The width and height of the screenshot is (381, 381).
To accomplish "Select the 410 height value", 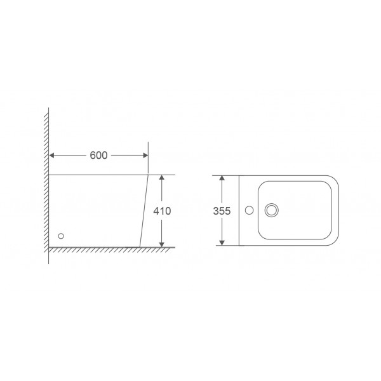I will (162, 211).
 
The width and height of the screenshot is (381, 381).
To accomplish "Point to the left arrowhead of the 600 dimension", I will (52, 156).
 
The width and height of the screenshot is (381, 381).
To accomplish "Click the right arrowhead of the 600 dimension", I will (145, 156).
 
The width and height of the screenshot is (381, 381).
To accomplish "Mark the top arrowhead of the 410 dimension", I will (162, 178).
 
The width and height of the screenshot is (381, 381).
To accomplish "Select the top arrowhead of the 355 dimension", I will (221, 178).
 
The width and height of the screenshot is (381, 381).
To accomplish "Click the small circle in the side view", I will (61, 236).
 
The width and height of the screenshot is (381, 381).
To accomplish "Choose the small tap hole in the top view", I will (251, 210).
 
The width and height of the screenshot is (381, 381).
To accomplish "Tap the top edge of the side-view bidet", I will (95, 174).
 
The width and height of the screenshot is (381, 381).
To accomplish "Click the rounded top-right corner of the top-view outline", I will (333, 179).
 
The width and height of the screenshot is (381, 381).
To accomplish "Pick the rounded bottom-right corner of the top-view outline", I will (333, 241).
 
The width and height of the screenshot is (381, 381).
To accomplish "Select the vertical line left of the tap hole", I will (238, 210).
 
